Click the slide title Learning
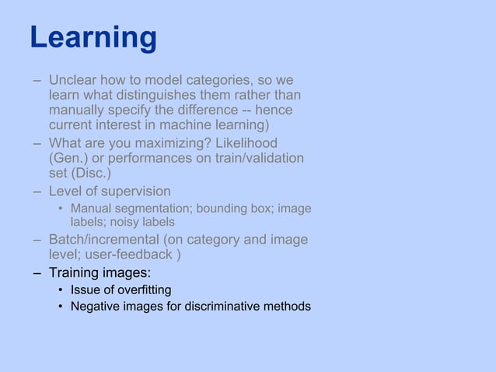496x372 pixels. tap(93, 37)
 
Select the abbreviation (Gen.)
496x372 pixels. tap(71, 158)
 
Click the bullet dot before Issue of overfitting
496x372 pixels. tap(60, 290)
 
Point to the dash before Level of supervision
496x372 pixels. tap(37, 191)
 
